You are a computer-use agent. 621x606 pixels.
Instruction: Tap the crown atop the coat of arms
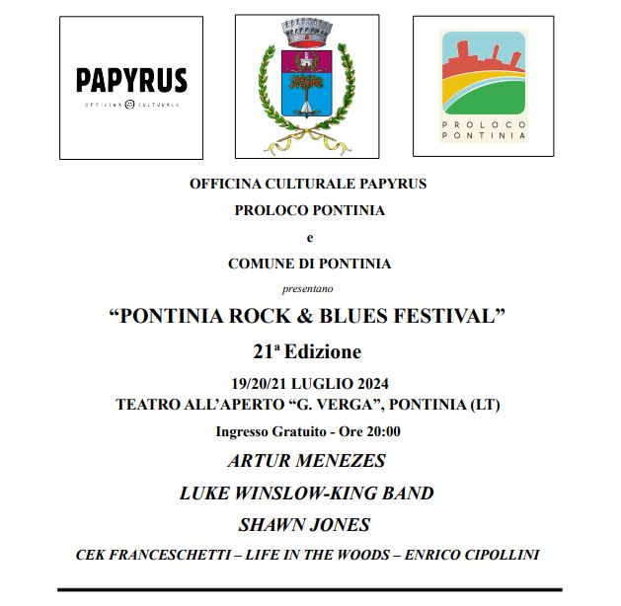coord(307,33)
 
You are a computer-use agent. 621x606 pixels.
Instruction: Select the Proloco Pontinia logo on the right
coord(484,86)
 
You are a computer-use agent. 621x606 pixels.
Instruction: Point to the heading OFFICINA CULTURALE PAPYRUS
coord(308,184)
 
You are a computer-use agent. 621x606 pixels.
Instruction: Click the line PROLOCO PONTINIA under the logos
coord(309,210)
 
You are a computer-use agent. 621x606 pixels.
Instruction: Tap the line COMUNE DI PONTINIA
coord(309,264)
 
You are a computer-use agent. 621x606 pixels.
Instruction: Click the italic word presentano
coord(308,289)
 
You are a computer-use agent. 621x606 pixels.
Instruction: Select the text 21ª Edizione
coord(307,351)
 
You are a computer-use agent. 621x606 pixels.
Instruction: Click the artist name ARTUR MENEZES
coord(307,461)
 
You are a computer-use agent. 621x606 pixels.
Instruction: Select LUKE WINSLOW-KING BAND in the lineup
coord(307,492)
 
